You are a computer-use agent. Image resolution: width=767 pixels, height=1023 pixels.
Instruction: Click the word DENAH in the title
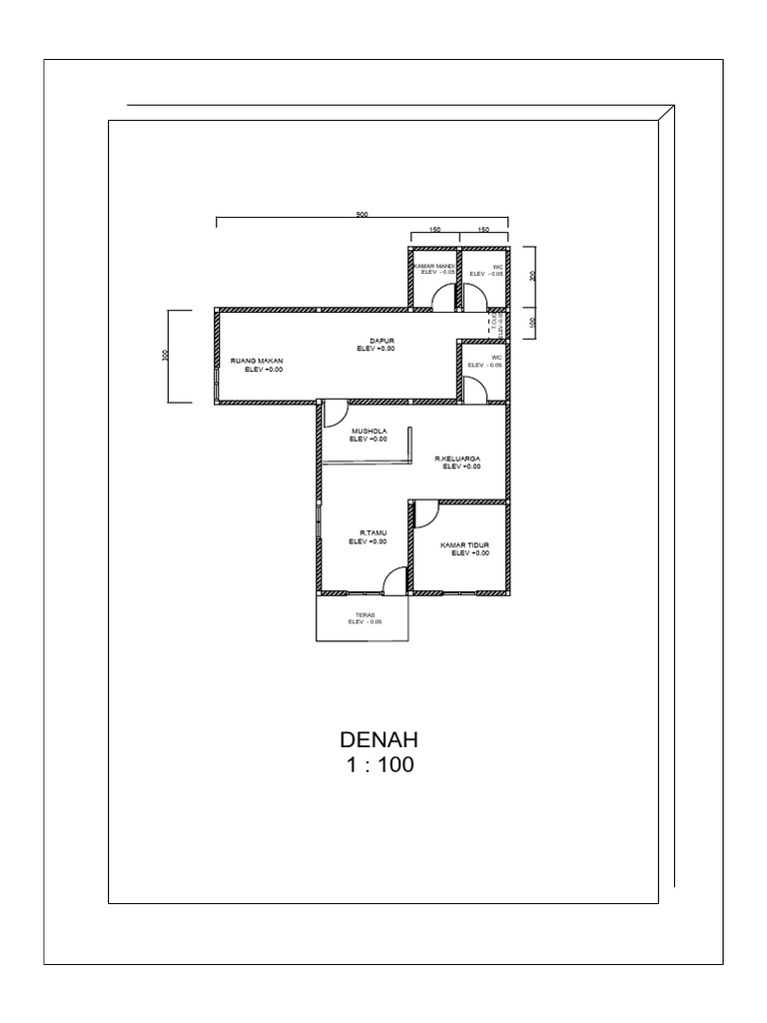point(378,741)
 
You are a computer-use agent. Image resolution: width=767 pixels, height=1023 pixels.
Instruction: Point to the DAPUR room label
point(377,342)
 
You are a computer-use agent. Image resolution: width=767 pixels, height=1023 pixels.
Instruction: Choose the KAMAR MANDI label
point(434,267)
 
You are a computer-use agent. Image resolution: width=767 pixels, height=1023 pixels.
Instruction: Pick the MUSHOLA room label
point(368,431)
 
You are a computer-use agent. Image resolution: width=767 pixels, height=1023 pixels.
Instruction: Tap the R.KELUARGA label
point(457,459)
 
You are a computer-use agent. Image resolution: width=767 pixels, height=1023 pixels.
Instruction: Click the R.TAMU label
point(368,533)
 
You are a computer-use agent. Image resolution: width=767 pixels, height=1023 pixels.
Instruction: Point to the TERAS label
point(364,614)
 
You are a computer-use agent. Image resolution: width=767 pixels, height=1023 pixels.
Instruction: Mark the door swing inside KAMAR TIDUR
point(423,514)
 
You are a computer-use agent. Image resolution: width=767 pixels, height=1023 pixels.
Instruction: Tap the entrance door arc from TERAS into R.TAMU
point(395,580)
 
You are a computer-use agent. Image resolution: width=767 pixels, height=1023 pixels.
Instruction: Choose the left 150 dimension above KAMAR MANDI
point(434,230)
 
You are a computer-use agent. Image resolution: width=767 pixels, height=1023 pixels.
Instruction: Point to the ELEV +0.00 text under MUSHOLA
point(368,440)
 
